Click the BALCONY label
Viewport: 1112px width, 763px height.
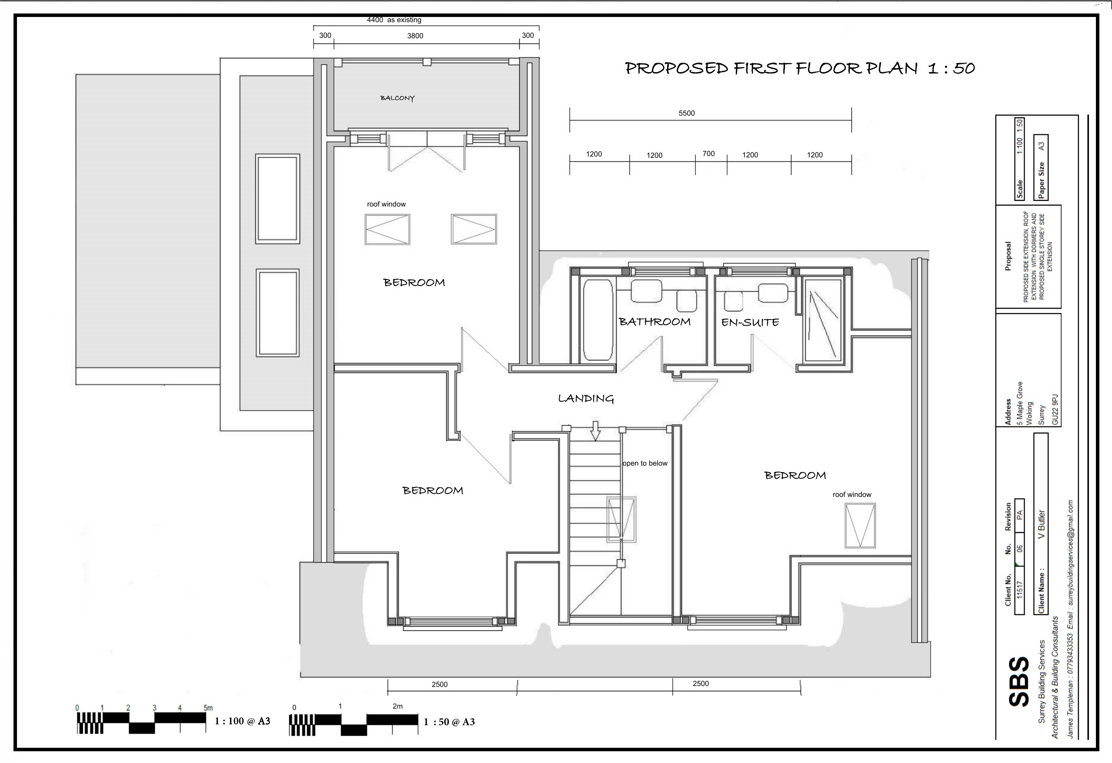pos(397,98)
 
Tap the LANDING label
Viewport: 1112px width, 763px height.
pos(586,399)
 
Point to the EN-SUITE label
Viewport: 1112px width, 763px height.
pos(750,323)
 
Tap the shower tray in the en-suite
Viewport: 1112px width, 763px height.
pos(823,320)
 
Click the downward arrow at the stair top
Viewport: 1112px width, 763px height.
pos(595,430)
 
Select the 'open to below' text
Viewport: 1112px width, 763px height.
pos(644,463)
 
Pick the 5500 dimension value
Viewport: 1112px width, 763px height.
pos(687,113)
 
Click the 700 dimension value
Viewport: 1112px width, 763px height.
pos(708,153)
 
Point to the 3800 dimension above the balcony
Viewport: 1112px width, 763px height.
pos(415,36)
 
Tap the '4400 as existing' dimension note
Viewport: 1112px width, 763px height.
pos(394,20)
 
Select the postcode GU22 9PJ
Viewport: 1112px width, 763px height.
pos(1055,410)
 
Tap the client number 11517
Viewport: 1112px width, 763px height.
pos(1020,590)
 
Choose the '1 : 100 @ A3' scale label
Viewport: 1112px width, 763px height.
pos(242,721)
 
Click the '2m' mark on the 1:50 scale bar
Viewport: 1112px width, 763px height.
pos(397,706)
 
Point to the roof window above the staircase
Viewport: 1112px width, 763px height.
pos(621,520)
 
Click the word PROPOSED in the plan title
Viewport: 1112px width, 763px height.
pos(677,68)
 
